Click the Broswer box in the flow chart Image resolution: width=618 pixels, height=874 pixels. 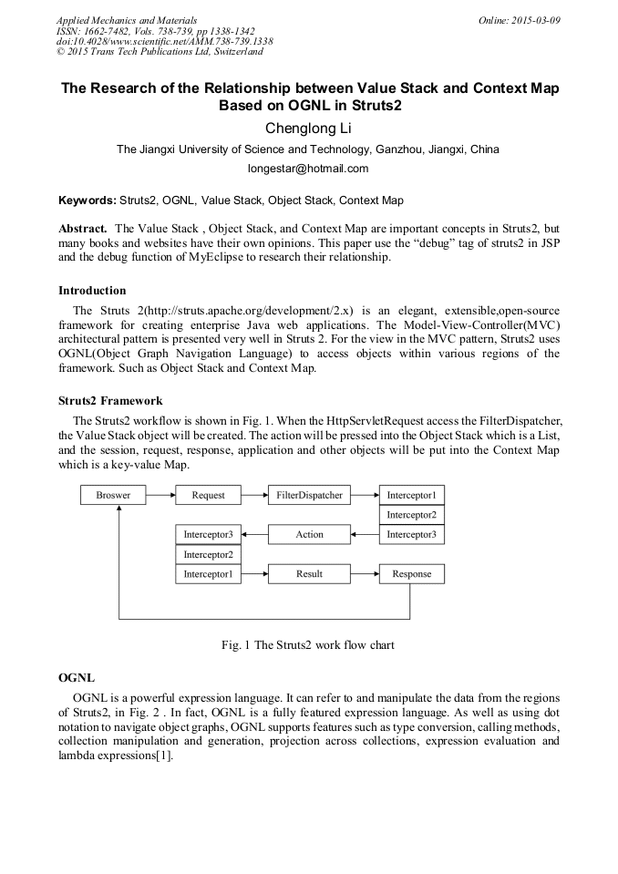pos(114,496)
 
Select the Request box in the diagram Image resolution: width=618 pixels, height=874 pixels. pos(208,496)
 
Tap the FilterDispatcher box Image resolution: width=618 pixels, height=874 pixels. pos(309,496)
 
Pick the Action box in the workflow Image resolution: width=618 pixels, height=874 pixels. pos(309,535)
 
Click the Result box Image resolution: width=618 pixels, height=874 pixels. pos(309,574)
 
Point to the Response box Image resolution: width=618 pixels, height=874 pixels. pos(411,574)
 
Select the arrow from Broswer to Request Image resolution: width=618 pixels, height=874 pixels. pos(160,496)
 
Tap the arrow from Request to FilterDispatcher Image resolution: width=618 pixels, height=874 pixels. pos(254,496)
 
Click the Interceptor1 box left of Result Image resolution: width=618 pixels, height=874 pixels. pos(208,574)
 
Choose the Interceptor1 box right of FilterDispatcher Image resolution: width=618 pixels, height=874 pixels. pos(411,496)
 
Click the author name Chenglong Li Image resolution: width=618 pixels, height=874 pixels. pos(308,128)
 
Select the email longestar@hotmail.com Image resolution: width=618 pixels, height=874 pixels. pos(308,169)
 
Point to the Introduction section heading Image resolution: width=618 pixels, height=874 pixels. pos(92,291)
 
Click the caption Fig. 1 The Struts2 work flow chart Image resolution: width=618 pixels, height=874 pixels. pos(308,645)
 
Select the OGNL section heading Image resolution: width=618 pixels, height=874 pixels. pos(77,679)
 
